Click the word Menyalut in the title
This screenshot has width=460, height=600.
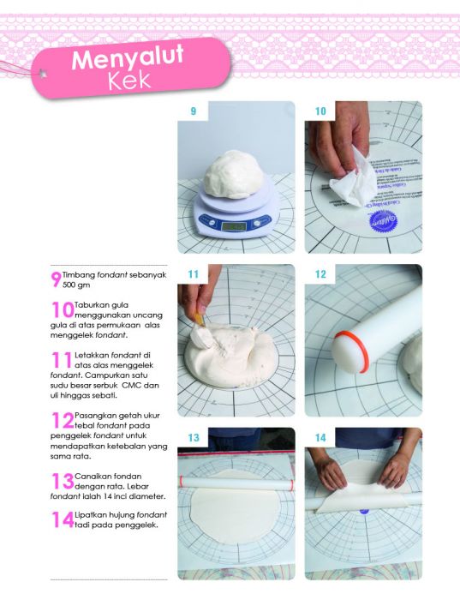click(128, 57)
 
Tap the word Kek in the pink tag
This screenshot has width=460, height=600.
click(129, 81)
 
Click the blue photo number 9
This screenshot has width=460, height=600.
click(194, 111)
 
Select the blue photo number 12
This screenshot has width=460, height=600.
click(320, 274)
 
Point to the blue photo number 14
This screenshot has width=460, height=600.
click(320, 438)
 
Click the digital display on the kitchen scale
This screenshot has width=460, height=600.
click(234, 226)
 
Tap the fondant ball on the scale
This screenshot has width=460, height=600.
click(234, 175)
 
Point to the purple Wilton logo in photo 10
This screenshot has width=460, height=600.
click(383, 221)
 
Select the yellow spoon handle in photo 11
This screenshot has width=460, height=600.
click(200, 319)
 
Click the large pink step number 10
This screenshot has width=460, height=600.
click(63, 309)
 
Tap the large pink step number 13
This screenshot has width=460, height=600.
click(63, 481)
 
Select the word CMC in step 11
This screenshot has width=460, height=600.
click(129, 386)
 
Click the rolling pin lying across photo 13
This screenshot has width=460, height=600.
click(236, 483)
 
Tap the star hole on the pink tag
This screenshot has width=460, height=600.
click(43, 73)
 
